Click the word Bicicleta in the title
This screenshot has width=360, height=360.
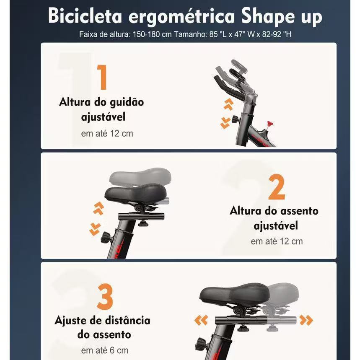point(85,16)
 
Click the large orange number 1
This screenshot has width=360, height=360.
point(102,77)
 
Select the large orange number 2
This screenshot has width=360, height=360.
point(277,187)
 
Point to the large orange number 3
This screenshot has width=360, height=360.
point(105,297)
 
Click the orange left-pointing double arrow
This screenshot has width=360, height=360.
point(201,320)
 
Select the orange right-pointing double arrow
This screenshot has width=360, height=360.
point(306,320)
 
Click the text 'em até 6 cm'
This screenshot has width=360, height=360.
point(105,350)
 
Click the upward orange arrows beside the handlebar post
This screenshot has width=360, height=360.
point(228,104)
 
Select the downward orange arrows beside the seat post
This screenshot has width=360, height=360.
point(95,229)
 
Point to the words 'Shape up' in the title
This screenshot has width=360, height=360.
point(282,18)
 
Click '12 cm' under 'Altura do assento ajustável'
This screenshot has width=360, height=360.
point(291,241)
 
